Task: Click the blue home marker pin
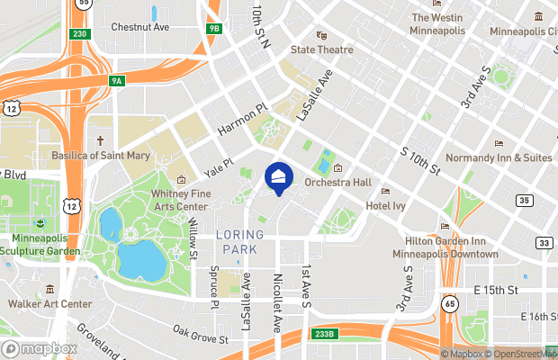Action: click(x=279, y=177)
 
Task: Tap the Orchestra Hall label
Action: click(x=337, y=182)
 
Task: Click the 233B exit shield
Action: click(x=325, y=334)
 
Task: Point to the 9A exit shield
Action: click(x=117, y=81)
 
